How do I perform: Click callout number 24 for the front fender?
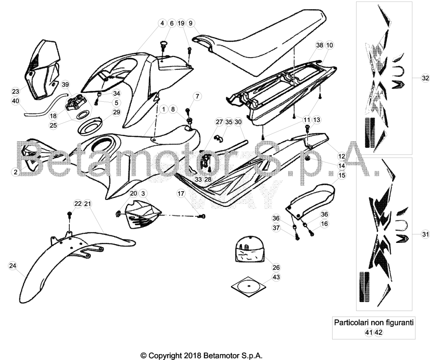pyautogui.click(x=13, y=265)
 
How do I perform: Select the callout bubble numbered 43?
pyautogui.click(x=276, y=277)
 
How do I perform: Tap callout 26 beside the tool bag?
pyautogui.click(x=276, y=267)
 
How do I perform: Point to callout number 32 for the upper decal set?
pyautogui.click(x=425, y=78)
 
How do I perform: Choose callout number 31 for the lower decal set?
pyautogui.click(x=425, y=234)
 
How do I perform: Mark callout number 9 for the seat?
pyautogui.click(x=191, y=24)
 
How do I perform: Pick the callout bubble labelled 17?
pyautogui.click(x=181, y=194)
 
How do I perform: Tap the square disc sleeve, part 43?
pyautogui.click(x=249, y=287)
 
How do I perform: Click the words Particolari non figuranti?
pyautogui.click(x=373, y=323)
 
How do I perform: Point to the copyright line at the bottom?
pyautogui.click(x=202, y=356)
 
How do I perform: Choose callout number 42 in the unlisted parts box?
pyautogui.click(x=378, y=332)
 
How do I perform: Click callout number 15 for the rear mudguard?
pyautogui.click(x=342, y=175)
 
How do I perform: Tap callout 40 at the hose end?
pyautogui.click(x=16, y=101)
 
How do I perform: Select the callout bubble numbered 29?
pyautogui.click(x=117, y=112)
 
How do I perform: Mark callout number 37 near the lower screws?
pyautogui.click(x=276, y=228)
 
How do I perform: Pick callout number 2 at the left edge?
pyautogui.click(x=16, y=172)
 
